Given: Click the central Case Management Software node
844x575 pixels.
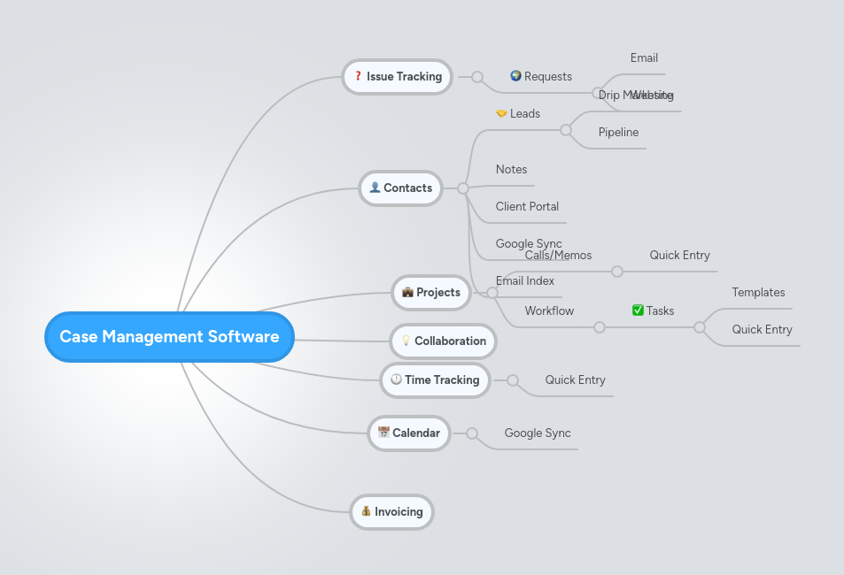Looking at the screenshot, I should [x=169, y=337].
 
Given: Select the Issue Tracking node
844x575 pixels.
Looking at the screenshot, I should [x=397, y=77].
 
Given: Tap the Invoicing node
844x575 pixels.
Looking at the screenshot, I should [x=391, y=511].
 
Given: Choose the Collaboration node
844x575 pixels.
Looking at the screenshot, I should [x=443, y=341].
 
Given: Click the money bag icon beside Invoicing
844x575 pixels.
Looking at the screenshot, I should [x=365, y=511].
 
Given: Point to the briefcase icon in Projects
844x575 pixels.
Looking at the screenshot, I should [x=407, y=292].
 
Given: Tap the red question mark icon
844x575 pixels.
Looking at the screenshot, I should [x=358, y=76].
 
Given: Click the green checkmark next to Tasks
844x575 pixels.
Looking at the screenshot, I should [x=638, y=310].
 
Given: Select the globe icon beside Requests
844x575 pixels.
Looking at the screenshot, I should [x=515, y=76].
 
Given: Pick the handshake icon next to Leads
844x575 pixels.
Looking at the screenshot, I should [x=501, y=113].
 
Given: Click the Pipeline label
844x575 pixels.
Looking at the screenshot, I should [x=618, y=133].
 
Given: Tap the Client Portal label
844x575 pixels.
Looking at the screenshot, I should [x=527, y=207].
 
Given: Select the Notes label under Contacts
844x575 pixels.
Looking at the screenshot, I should [x=511, y=170].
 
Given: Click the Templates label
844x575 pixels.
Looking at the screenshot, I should [x=758, y=293].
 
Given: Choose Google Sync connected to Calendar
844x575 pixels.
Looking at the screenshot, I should [x=538, y=433].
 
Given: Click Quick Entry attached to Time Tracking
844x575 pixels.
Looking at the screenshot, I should [x=575, y=380].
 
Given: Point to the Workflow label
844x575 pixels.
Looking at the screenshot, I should [x=549, y=311].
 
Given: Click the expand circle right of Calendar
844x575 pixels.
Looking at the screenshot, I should [x=472, y=433].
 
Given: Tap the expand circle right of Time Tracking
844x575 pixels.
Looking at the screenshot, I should [x=513, y=380].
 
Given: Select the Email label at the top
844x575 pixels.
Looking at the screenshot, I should [x=644, y=58].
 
